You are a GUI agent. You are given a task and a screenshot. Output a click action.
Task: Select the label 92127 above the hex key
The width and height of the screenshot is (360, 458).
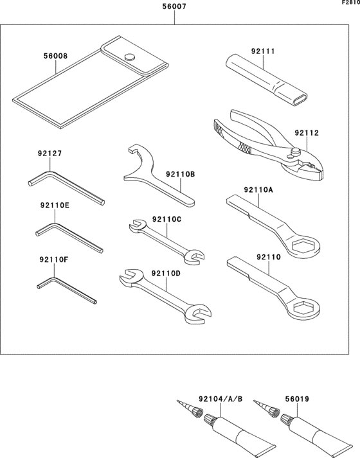[x=51, y=154]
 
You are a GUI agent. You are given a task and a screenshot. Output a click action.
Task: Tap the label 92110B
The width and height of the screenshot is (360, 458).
[x=180, y=174]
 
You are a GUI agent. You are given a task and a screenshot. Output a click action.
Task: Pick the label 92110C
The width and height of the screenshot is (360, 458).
[x=167, y=219]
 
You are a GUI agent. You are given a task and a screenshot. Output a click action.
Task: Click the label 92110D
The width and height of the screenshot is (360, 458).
[x=166, y=273]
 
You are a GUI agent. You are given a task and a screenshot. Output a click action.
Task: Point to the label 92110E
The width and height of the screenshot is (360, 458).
[x=54, y=207]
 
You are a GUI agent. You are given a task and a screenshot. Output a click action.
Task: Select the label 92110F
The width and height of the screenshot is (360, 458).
[x=54, y=260]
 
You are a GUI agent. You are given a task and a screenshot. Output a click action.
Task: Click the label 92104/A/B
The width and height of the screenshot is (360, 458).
[x=221, y=399]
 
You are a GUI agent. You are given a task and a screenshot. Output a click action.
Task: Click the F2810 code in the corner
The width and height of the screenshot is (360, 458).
[x=350, y=3]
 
